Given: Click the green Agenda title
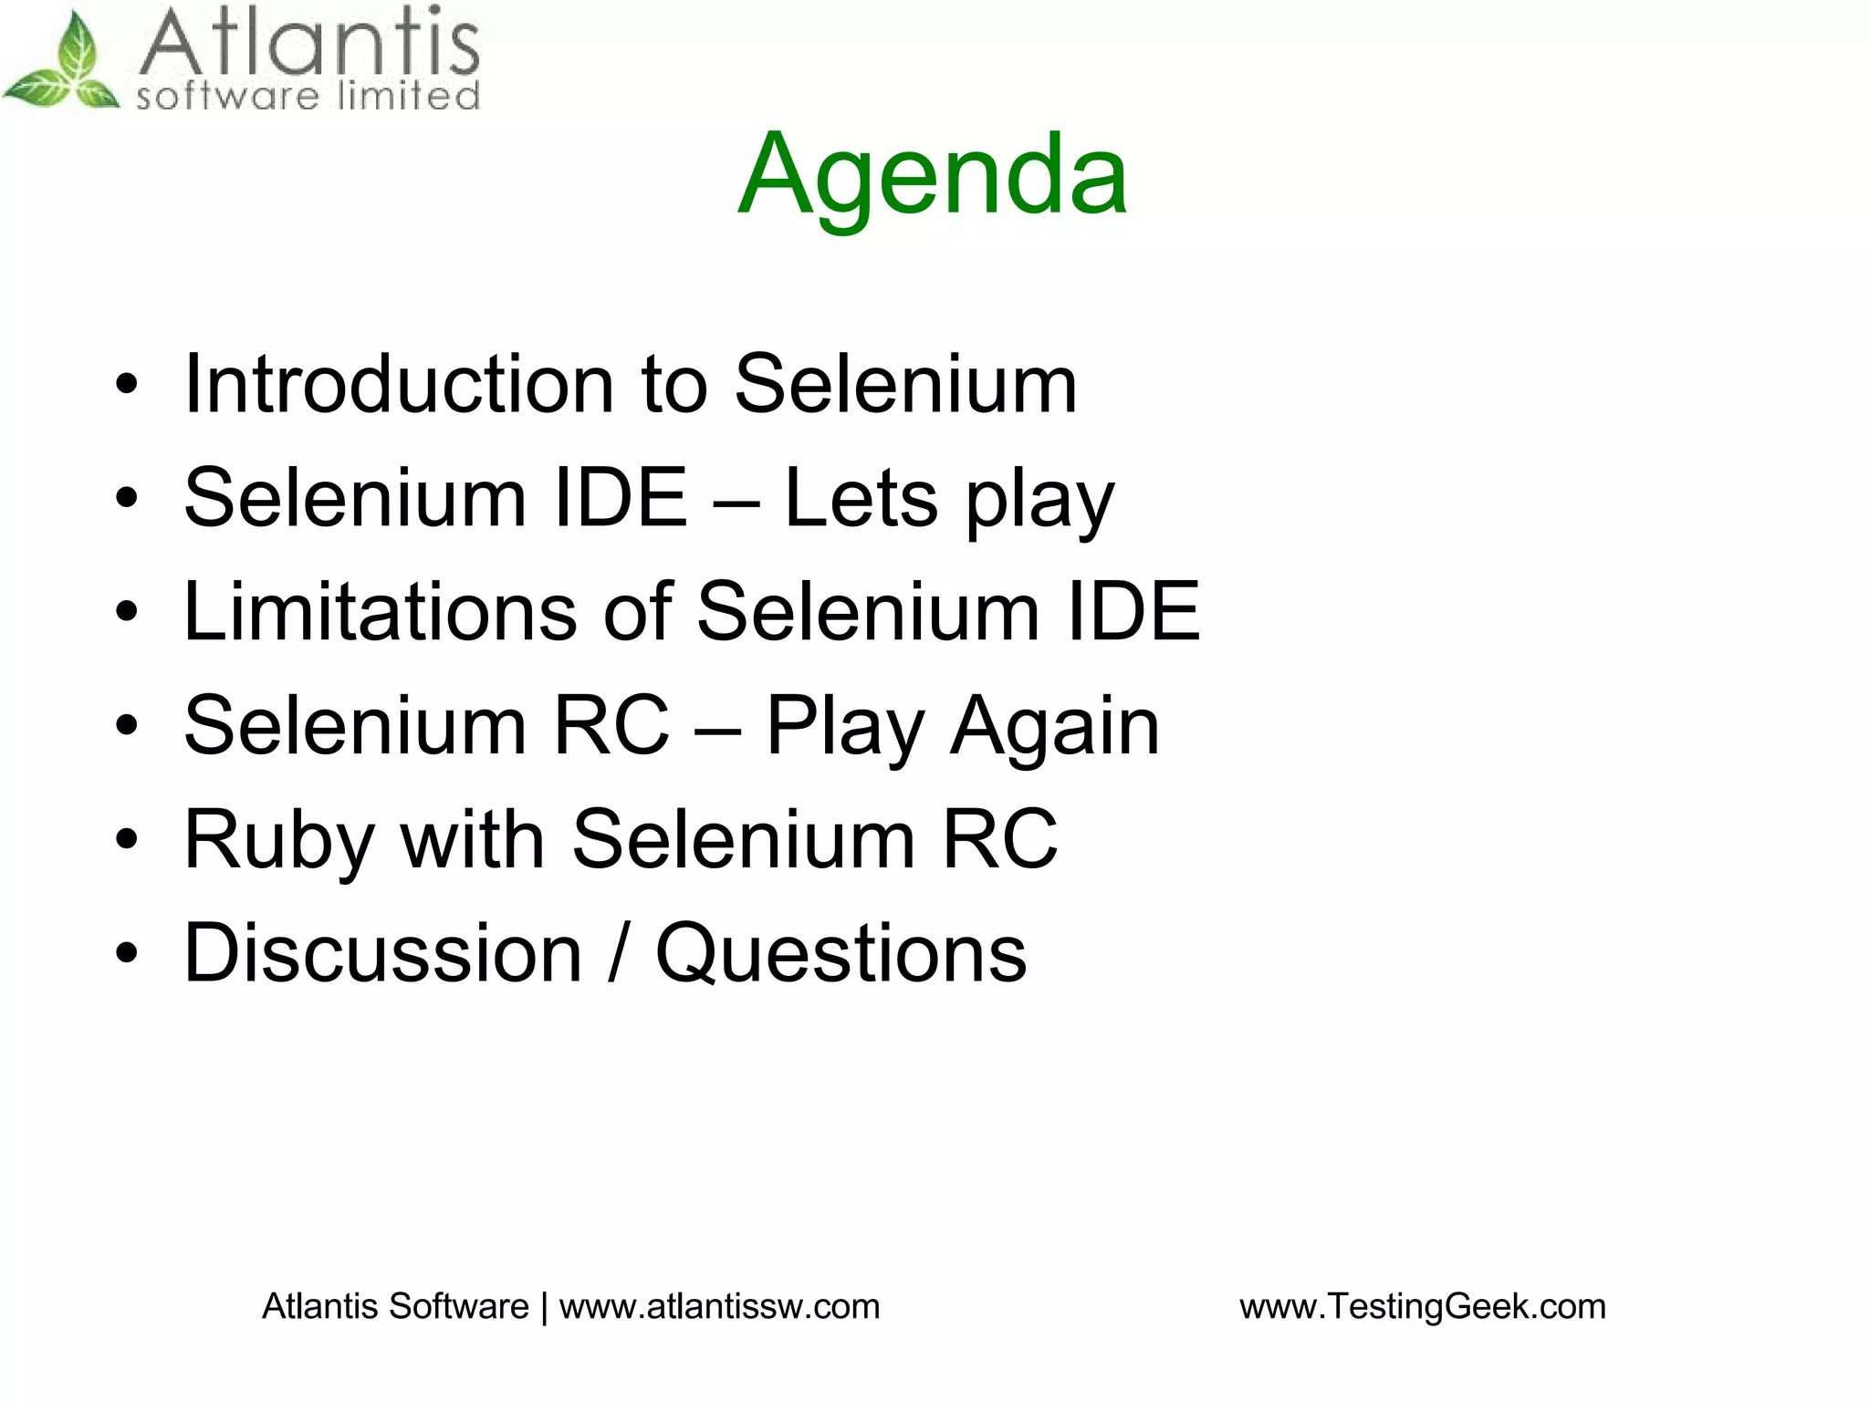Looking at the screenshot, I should (x=933, y=175).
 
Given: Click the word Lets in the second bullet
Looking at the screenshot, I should (x=861, y=498).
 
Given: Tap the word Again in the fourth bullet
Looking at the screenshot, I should (x=1054, y=726).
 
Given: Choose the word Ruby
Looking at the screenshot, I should (x=278, y=841).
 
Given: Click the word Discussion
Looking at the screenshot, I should (x=382, y=953).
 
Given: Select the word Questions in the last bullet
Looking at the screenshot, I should (x=841, y=953).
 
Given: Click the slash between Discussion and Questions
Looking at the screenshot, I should (x=619, y=953).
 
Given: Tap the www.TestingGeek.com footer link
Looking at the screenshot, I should (x=1422, y=1306).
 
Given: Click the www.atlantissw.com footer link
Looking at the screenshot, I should (x=719, y=1306).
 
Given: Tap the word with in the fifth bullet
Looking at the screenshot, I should (x=473, y=839).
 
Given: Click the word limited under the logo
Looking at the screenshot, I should (x=408, y=95).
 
